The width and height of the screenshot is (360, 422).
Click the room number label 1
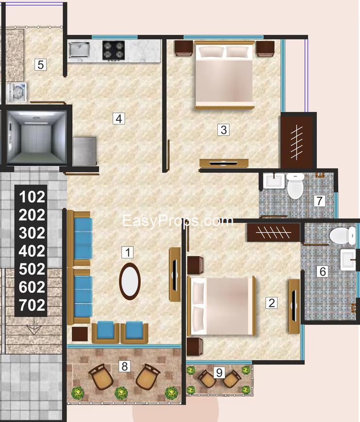(127, 252)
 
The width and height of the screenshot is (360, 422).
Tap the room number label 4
(119, 118)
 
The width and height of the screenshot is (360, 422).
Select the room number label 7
(318, 200)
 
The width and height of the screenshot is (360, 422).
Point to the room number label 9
(219, 373)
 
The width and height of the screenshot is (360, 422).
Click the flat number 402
(32, 251)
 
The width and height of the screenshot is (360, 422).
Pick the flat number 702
(32, 305)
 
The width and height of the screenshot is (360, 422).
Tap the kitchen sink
(79, 49)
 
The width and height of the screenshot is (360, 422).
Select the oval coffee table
(130, 281)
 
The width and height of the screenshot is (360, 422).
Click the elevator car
(36, 137)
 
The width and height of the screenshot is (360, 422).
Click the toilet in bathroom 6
(339, 236)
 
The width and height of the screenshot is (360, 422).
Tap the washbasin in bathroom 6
(349, 259)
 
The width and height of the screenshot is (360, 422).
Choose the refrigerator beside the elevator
(84, 151)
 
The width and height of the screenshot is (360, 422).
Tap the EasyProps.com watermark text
(178, 221)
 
